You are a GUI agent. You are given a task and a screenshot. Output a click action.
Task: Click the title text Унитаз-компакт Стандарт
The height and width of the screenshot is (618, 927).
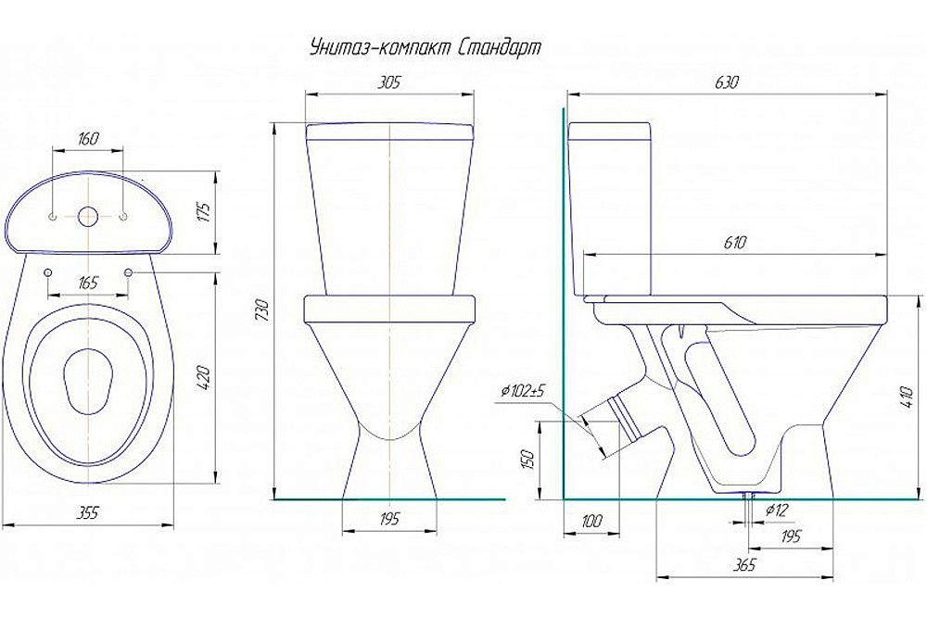click(x=425, y=48)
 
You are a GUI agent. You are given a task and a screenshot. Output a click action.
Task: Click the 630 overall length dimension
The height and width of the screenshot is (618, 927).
click(x=727, y=82)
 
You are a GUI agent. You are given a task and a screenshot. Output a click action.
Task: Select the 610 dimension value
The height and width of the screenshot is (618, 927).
click(x=734, y=242)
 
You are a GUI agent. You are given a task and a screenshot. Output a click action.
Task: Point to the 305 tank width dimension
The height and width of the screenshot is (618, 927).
click(x=388, y=82)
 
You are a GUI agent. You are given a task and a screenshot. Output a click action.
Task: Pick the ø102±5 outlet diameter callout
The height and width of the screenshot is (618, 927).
click(x=523, y=391)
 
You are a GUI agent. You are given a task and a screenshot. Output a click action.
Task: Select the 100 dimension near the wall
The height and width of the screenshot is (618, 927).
click(x=590, y=520)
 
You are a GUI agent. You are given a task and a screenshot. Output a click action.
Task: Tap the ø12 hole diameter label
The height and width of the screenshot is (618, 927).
click(x=777, y=510)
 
